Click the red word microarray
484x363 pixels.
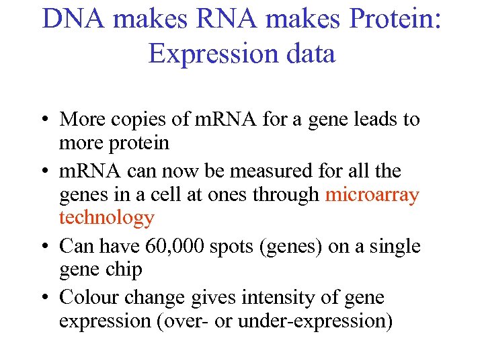(372, 195)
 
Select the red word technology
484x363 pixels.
(107, 218)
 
